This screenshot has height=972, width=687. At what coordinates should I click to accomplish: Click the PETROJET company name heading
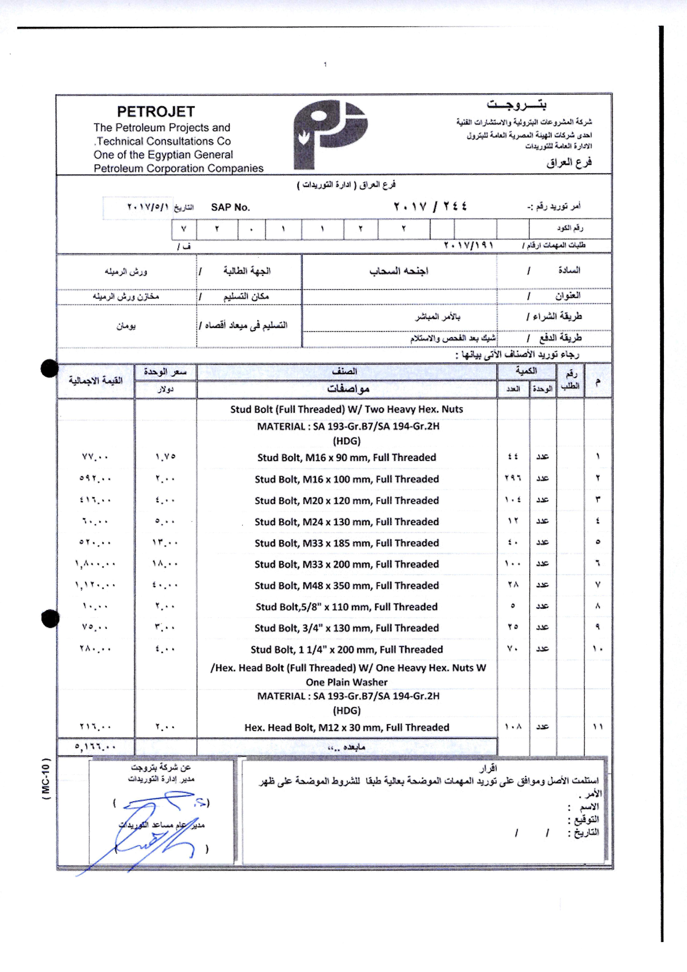click(x=156, y=112)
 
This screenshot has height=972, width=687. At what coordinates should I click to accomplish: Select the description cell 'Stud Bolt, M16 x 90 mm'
click(x=346, y=457)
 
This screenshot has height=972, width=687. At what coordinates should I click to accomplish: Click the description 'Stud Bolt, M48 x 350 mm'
click(x=346, y=585)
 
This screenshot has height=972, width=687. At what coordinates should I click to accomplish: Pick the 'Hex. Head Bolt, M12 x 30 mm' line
click(x=346, y=727)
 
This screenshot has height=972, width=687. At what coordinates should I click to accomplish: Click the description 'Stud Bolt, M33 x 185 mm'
click(x=346, y=543)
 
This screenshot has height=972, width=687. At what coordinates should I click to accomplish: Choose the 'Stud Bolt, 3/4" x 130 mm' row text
click(x=346, y=628)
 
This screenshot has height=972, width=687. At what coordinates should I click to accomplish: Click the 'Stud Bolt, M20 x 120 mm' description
click(x=346, y=500)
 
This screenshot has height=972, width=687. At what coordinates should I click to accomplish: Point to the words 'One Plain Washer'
click(x=346, y=682)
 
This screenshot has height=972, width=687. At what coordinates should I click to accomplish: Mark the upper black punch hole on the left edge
click(x=50, y=368)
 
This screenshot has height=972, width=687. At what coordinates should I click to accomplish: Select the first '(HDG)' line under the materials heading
click(x=346, y=441)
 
